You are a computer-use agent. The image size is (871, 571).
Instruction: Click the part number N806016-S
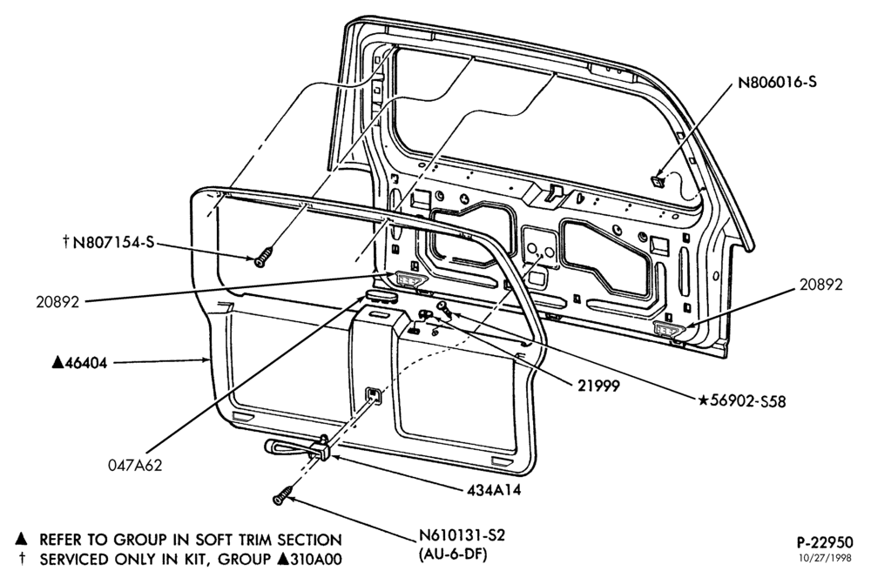tap(777, 83)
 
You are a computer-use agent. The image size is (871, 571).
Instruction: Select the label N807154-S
tap(113, 242)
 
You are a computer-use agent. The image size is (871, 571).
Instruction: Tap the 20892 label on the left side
tap(57, 302)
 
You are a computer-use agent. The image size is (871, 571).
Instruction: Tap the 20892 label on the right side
tap(821, 285)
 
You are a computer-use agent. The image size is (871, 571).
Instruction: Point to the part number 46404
tap(86, 364)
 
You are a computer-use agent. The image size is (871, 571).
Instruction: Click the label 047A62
tap(135, 465)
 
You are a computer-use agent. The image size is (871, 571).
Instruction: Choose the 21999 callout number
tap(598, 386)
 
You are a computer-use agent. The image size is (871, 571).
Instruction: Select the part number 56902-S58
tap(748, 401)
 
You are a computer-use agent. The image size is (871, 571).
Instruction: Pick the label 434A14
tap(494, 491)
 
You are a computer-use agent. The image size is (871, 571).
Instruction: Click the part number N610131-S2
tap(462, 536)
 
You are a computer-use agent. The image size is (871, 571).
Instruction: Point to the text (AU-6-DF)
tap(453, 554)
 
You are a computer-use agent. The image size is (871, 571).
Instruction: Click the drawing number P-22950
tap(824, 541)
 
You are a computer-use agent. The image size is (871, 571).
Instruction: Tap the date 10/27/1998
tap(824, 558)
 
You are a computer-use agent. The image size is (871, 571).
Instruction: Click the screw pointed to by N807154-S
tap(264, 258)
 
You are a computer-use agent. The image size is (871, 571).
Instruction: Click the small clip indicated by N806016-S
tap(658, 180)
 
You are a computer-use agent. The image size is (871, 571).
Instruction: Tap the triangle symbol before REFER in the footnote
tap(21, 539)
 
